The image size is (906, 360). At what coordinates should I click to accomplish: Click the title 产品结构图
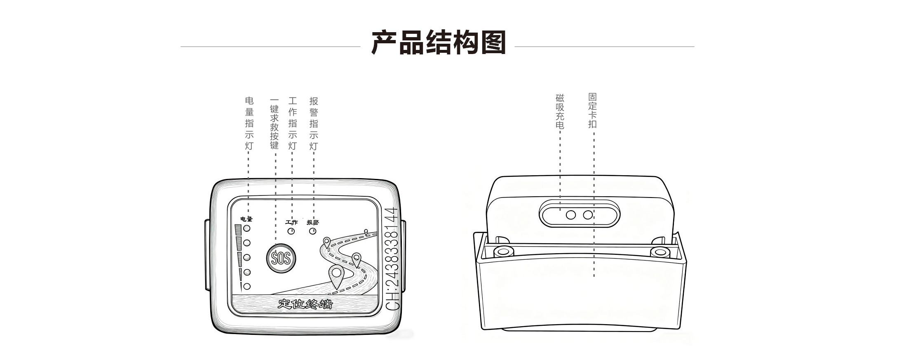click(439, 42)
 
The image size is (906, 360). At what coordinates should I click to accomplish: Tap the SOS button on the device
click(281, 258)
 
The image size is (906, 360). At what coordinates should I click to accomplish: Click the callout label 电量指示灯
click(249, 123)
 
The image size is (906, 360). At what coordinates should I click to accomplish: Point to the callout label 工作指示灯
click(292, 123)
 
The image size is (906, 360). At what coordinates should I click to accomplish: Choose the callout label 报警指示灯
click(313, 123)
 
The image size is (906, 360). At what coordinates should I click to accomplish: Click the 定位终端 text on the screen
click(305, 304)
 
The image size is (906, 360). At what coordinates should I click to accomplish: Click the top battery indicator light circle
click(247, 228)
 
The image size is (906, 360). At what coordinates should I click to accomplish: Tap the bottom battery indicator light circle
click(247, 286)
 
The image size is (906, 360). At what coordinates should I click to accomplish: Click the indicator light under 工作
click(291, 231)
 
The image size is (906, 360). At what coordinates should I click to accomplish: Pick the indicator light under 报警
click(313, 231)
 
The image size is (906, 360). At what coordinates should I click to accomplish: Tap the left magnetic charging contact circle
click(571, 215)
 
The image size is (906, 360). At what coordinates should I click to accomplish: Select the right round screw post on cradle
click(660, 252)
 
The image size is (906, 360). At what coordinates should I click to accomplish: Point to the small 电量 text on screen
click(246, 219)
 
